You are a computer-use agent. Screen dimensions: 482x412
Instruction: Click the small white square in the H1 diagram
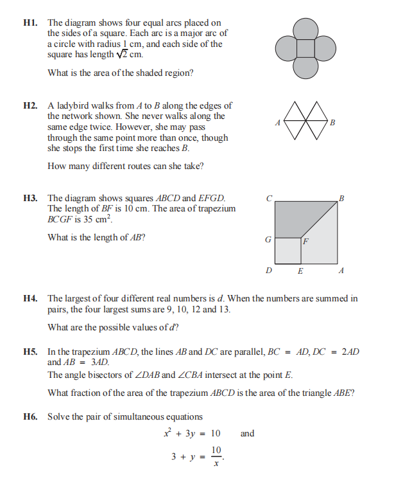click(305, 48)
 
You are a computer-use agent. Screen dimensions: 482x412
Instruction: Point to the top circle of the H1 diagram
click(305, 29)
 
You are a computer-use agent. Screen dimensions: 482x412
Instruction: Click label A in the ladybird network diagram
click(277, 123)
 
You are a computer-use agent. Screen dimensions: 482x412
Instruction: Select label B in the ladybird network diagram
click(332, 123)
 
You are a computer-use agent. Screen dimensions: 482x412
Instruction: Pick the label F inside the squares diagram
click(306, 242)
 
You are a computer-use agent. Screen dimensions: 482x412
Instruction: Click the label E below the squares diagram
click(300, 271)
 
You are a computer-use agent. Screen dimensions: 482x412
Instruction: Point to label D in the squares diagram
click(268, 271)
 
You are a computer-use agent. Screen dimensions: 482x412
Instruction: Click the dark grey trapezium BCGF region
click(295, 219)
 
